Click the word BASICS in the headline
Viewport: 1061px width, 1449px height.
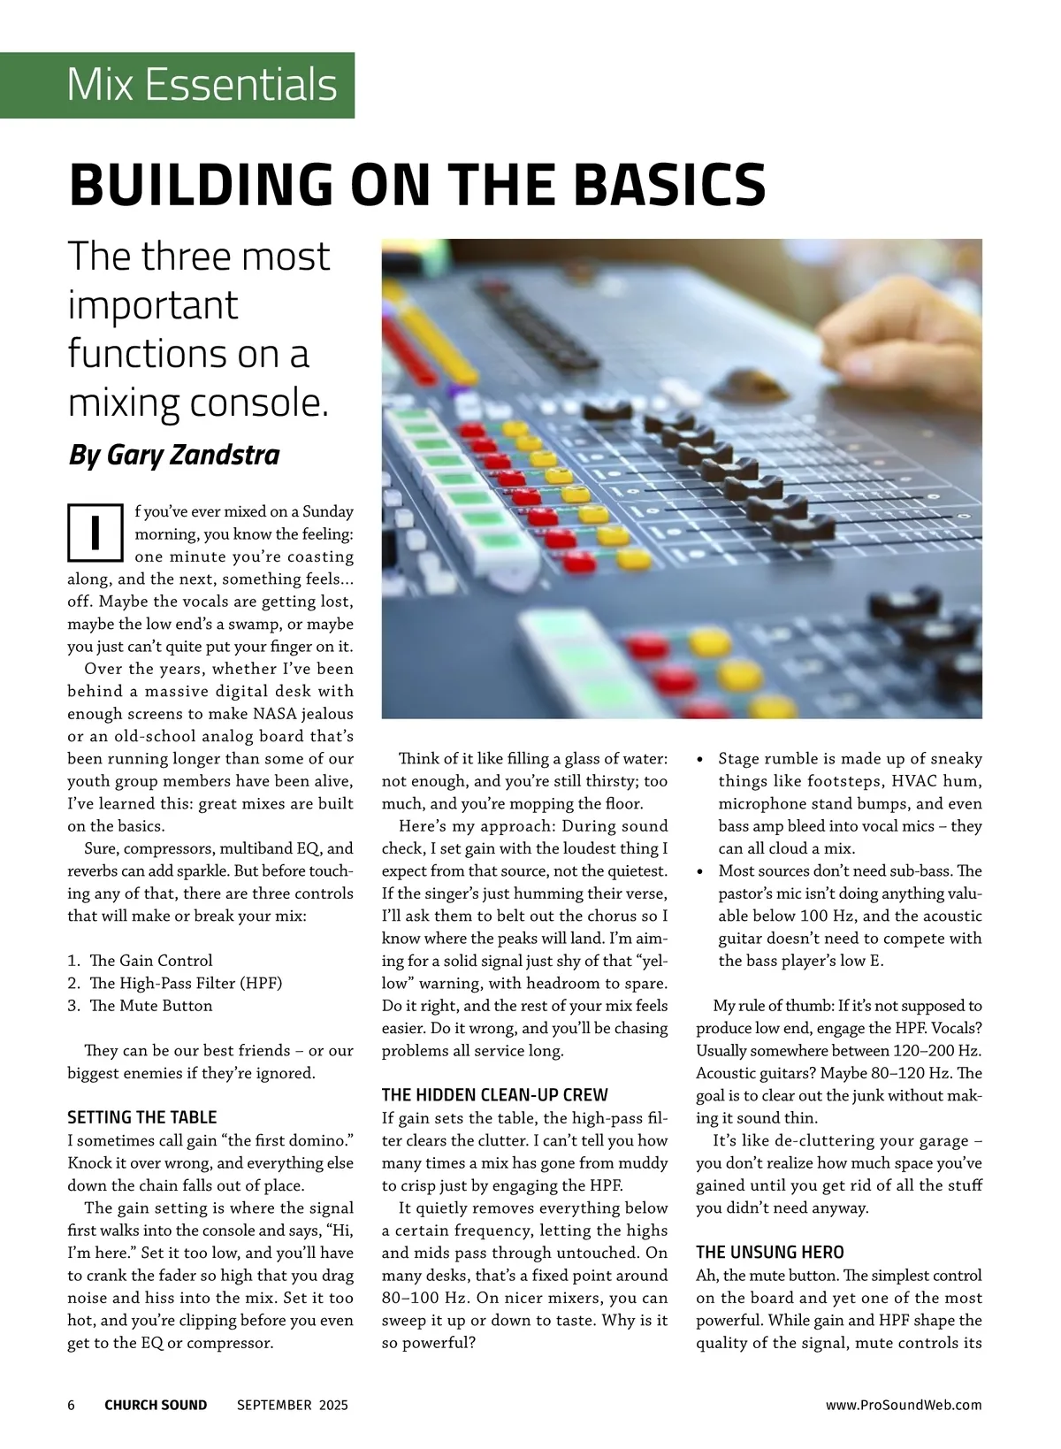(669, 183)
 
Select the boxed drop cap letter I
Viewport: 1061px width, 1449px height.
(95, 532)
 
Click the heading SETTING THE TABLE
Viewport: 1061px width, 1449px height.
(141, 1117)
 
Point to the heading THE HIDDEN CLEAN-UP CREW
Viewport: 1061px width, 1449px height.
(494, 1095)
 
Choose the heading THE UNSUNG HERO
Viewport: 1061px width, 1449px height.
(769, 1252)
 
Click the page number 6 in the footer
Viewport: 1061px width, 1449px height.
(72, 1405)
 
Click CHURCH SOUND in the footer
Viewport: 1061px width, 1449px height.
(156, 1405)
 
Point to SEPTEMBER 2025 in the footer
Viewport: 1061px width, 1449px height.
(293, 1405)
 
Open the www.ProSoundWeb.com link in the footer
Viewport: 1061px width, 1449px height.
(904, 1405)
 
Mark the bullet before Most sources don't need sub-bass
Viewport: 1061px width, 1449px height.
(701, 872)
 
